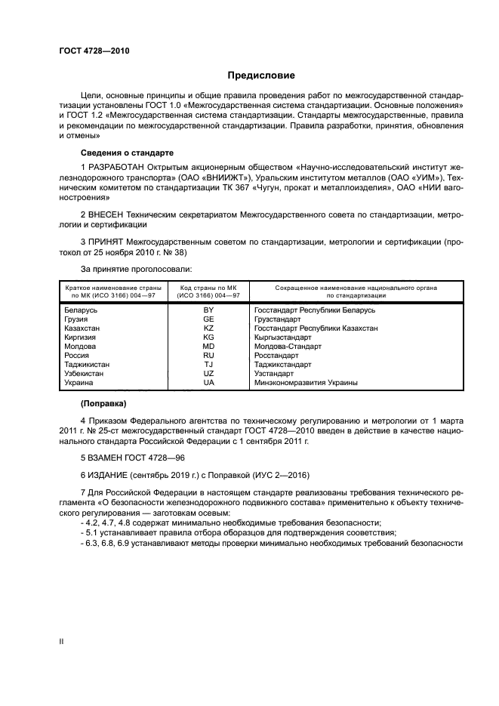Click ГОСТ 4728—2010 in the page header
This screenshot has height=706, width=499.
pyautogui.click(x=94, y=51)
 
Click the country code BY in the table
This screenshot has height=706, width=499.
pyautogui.click(x=208, y=310)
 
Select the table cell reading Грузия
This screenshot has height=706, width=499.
pyautogui.click(x=77, y=319)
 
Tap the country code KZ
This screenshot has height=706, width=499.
pyautogui.click(x=208, y=328)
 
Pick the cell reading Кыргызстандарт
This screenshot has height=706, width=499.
pyautogui.click(x=283, y=338)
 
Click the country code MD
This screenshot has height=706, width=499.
pyautogui.click(x=208, y=347)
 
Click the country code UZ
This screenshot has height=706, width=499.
pyautogui.click(x=208, y=374)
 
